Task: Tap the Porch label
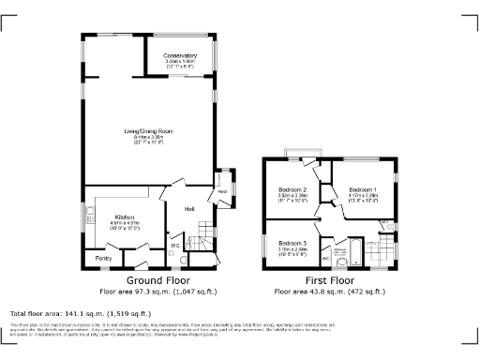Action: (x=223, y=191)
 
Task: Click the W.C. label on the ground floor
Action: (x=174, y=247)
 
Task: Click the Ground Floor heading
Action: (x=157, y=280)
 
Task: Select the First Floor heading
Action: (x=332, y=280)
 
